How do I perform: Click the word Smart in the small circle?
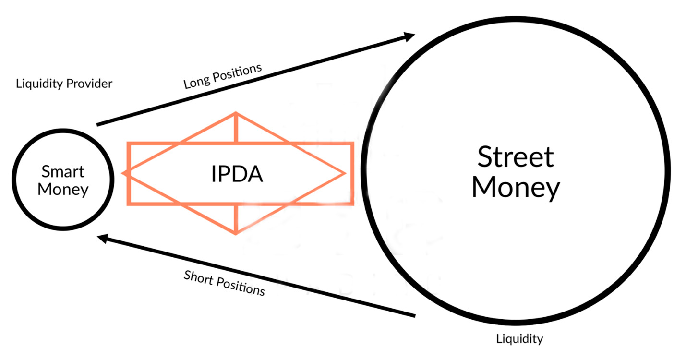click(x=63, y=171)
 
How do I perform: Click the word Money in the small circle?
click(x=63, y=190)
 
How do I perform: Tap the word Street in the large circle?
click(x=516, y=157)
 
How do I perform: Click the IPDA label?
click(x=237, y=174)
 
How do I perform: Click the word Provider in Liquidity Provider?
click(x=89, y=84)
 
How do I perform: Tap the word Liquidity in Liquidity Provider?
click(x=39, y=84)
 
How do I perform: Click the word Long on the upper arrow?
click(x=197, y=81)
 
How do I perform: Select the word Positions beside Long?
click(x=237, y=72)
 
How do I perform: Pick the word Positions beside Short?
click(x=241, y=287)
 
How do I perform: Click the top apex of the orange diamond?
click(x=236, y=113)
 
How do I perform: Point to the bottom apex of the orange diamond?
click(x=236, y=234)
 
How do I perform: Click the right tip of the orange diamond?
click(x=345, y=174)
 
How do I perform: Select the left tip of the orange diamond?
click(x=122, y=174)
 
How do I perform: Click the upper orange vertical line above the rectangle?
click(x=236, y=128)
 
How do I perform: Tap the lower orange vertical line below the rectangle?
click(x=236, y=218)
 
